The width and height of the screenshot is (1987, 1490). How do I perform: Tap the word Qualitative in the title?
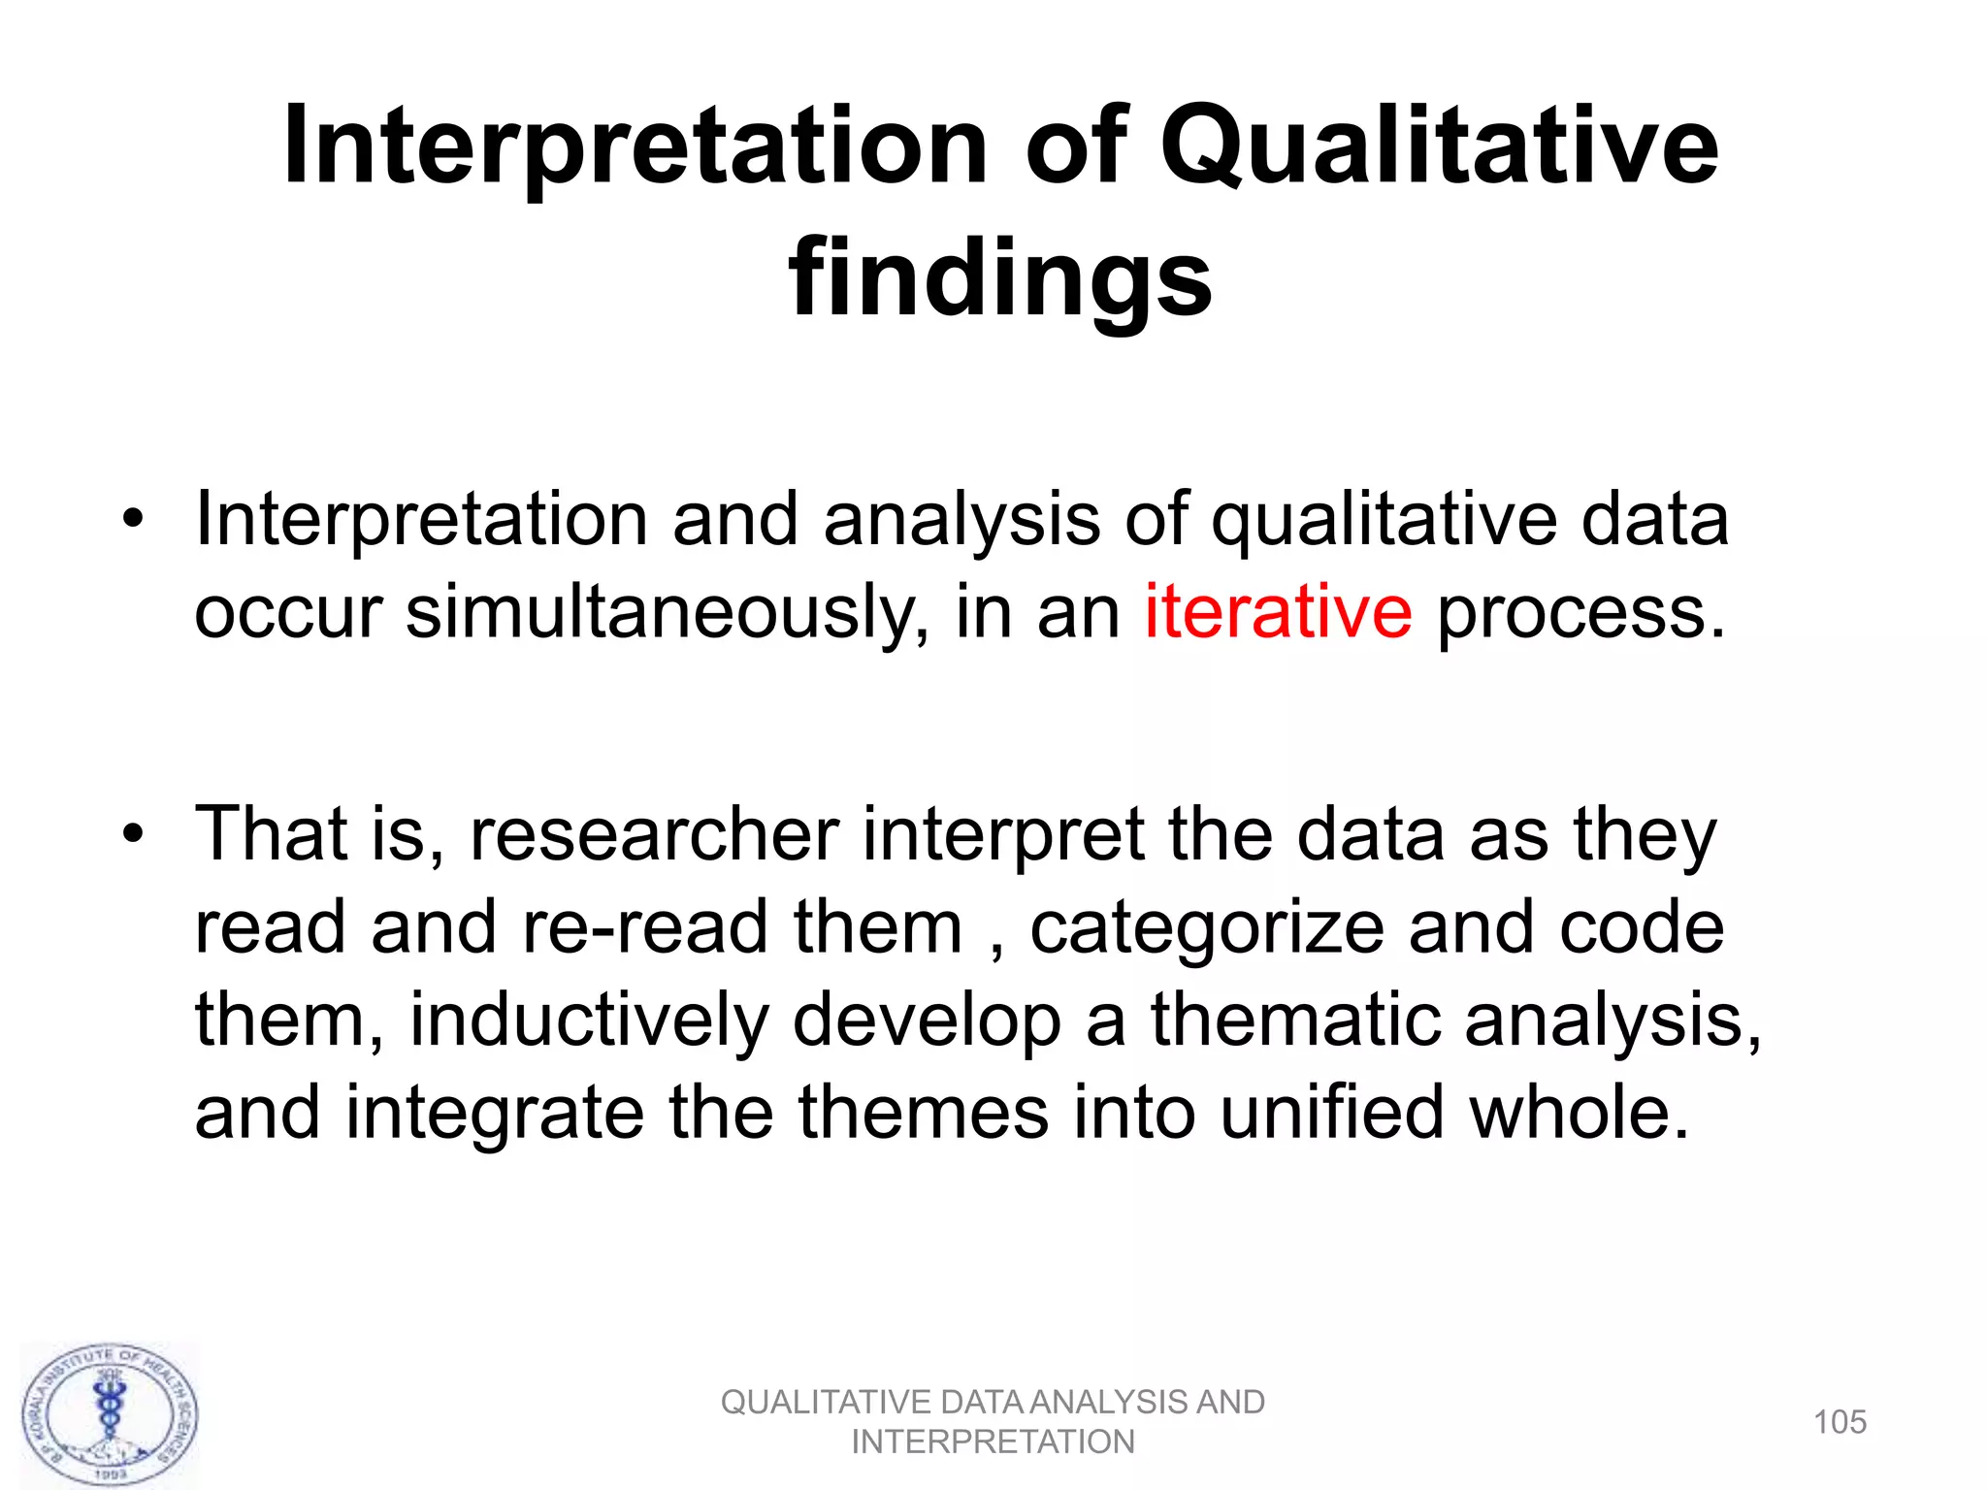tap(1439, 147)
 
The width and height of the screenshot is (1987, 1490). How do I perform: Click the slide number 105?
tap(1840, 1422)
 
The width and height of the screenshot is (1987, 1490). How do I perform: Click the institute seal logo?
tap(110, 1414)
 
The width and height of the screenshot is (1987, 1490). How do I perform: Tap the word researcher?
tap(655, 833)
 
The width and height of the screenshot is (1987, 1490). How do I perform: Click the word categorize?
tap(1207, 927)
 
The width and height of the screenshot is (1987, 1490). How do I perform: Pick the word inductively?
tap(590, 1020)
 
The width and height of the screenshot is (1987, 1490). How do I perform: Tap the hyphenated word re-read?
tap(646, 926)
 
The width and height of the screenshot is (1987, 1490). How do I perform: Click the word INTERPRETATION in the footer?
tap(993, 1442)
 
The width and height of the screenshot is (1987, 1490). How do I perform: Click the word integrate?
tap(495, 1114)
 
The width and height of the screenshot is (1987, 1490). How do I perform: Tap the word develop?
tap(927, 1021)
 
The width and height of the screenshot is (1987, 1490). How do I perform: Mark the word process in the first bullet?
tap(1580, 613)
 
